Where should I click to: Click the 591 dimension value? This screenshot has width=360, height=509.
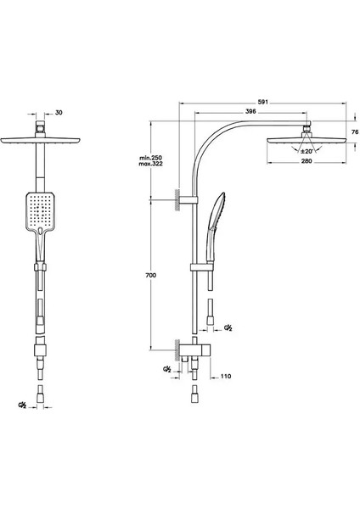[262, 102]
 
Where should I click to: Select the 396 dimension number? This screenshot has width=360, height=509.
[250, 111]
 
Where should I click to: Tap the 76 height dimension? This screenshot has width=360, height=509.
[355, 131]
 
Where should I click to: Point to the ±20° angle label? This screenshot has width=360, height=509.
[307, 151]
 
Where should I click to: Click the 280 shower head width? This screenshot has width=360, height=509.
[307, 161]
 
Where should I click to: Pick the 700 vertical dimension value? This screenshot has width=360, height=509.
[150, 275]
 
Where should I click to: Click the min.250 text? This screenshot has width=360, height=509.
[151, 158]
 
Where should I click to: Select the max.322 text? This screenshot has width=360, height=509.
[151, 164]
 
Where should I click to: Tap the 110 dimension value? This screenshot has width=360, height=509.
[226, 376]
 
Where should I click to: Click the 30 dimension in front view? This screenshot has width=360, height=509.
[59, 113]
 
